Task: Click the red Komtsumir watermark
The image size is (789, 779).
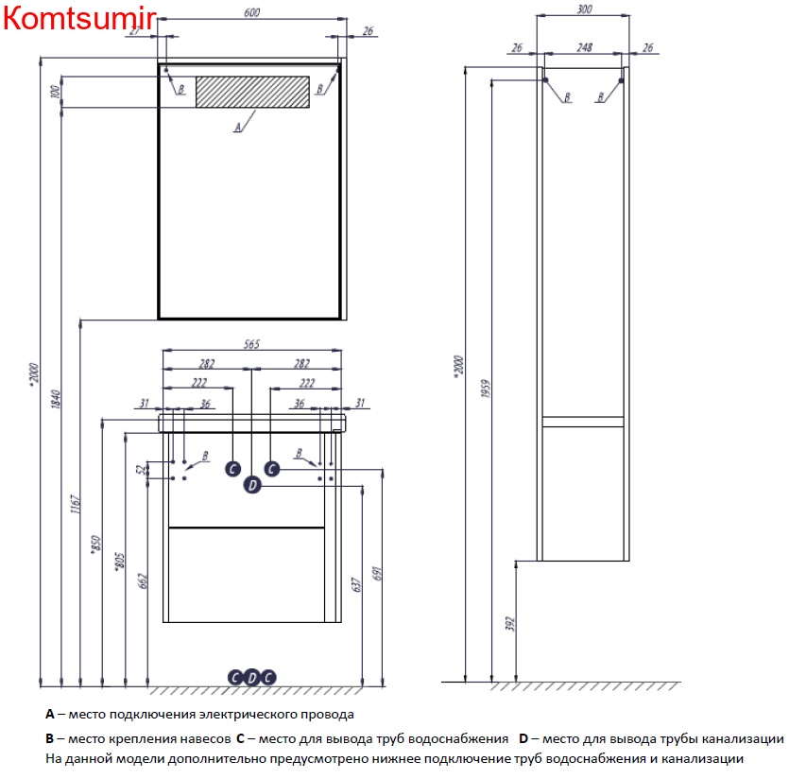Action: [x=79, y=18]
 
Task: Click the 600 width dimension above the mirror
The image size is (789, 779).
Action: [x=251, y=12]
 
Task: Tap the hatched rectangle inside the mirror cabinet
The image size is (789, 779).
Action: [x=252, y=92]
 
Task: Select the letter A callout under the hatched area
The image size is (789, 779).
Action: [x=238, y=128]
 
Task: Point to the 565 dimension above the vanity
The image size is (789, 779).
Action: [x=251, y=344]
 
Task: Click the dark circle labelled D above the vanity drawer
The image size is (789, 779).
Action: [x=252, y=485]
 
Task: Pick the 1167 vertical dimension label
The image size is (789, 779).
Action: [x=75, y=504]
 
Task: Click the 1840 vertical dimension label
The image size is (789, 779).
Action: [x=56, y=399]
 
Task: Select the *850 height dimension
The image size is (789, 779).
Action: [x=95, y=545]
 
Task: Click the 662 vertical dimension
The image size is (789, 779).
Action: [x=143, y=580]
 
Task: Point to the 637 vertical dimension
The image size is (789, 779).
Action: [x=356, y=584]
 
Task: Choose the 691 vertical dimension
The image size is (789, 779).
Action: [x=377, y=574]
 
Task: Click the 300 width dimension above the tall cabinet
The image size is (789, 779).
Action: [x=584, y=9]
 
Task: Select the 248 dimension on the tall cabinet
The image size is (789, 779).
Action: [x=584, y=47]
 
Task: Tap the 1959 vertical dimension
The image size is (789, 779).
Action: [x=486, y=389]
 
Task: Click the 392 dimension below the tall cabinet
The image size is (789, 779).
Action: [x=510, y=624]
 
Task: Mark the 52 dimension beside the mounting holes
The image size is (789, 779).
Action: [x=142, y=469]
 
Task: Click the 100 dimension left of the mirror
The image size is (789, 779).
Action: [x=56, y=91]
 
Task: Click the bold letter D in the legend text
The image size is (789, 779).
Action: [x=523, y=738]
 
